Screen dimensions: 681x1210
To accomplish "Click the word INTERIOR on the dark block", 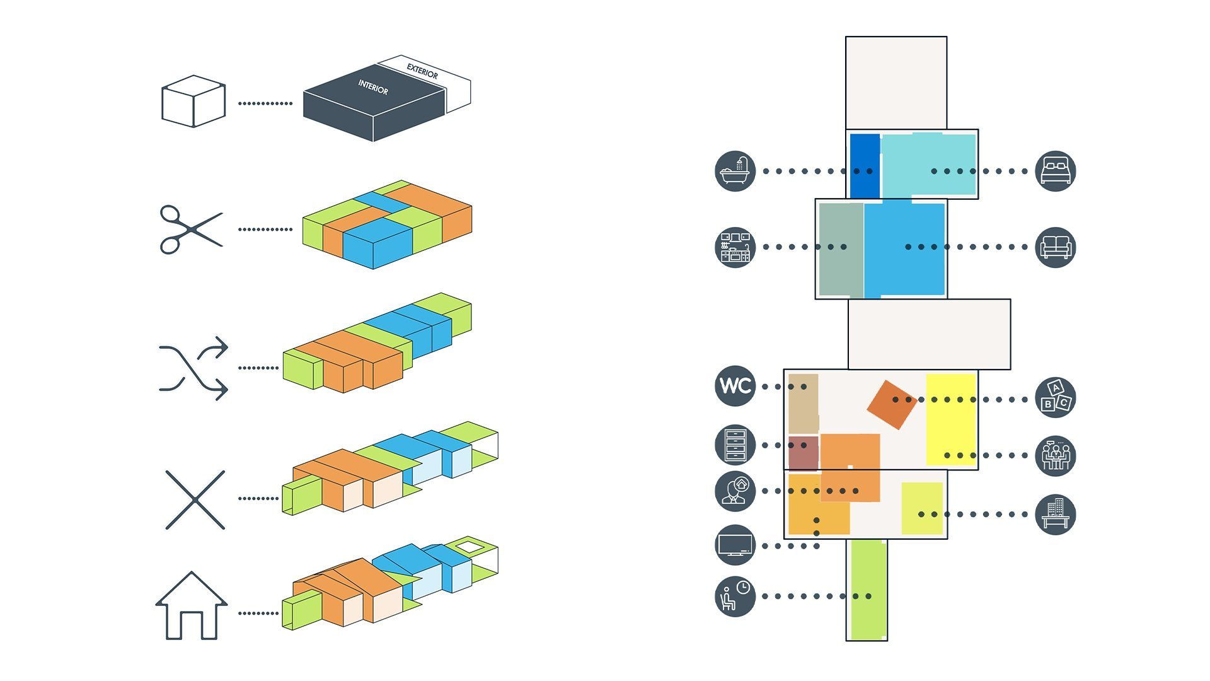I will coord(373,87).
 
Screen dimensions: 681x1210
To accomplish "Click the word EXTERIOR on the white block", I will coord(422,71).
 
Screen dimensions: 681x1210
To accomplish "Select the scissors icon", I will coord(190,230).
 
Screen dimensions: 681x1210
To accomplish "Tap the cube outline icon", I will coord(193,102).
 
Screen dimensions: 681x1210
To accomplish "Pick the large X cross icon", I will coord(195,499).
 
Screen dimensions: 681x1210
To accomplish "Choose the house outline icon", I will coord(191,606).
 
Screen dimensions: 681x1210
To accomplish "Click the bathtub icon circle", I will coord(735,171).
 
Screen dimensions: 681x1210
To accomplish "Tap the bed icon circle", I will coord(1055,171).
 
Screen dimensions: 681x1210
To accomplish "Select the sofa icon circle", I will coord(1055,247).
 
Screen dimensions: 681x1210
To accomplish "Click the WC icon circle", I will coord(735,386).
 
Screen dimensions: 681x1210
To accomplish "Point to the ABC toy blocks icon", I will coord(1055,397).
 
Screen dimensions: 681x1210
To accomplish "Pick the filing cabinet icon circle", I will coord(735,445).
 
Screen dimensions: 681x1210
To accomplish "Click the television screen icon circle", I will coord(735,545).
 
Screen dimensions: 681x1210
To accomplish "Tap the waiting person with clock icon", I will coord(735,596).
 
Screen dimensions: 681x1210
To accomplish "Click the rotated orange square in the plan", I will coord(891,405).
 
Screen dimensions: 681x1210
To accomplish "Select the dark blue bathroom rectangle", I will coord(865,165).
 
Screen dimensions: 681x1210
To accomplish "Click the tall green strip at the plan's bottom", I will coord(867,590).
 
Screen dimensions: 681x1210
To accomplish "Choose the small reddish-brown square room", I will coord(803,452).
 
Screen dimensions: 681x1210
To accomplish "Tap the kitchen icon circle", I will coord(735,247).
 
